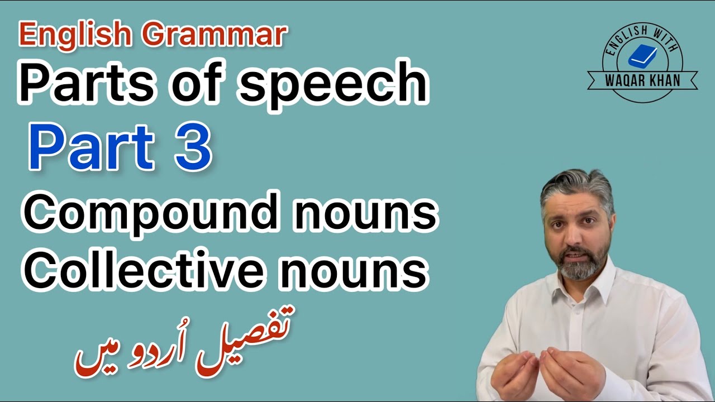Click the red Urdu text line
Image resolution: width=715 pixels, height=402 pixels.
[184, 343]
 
